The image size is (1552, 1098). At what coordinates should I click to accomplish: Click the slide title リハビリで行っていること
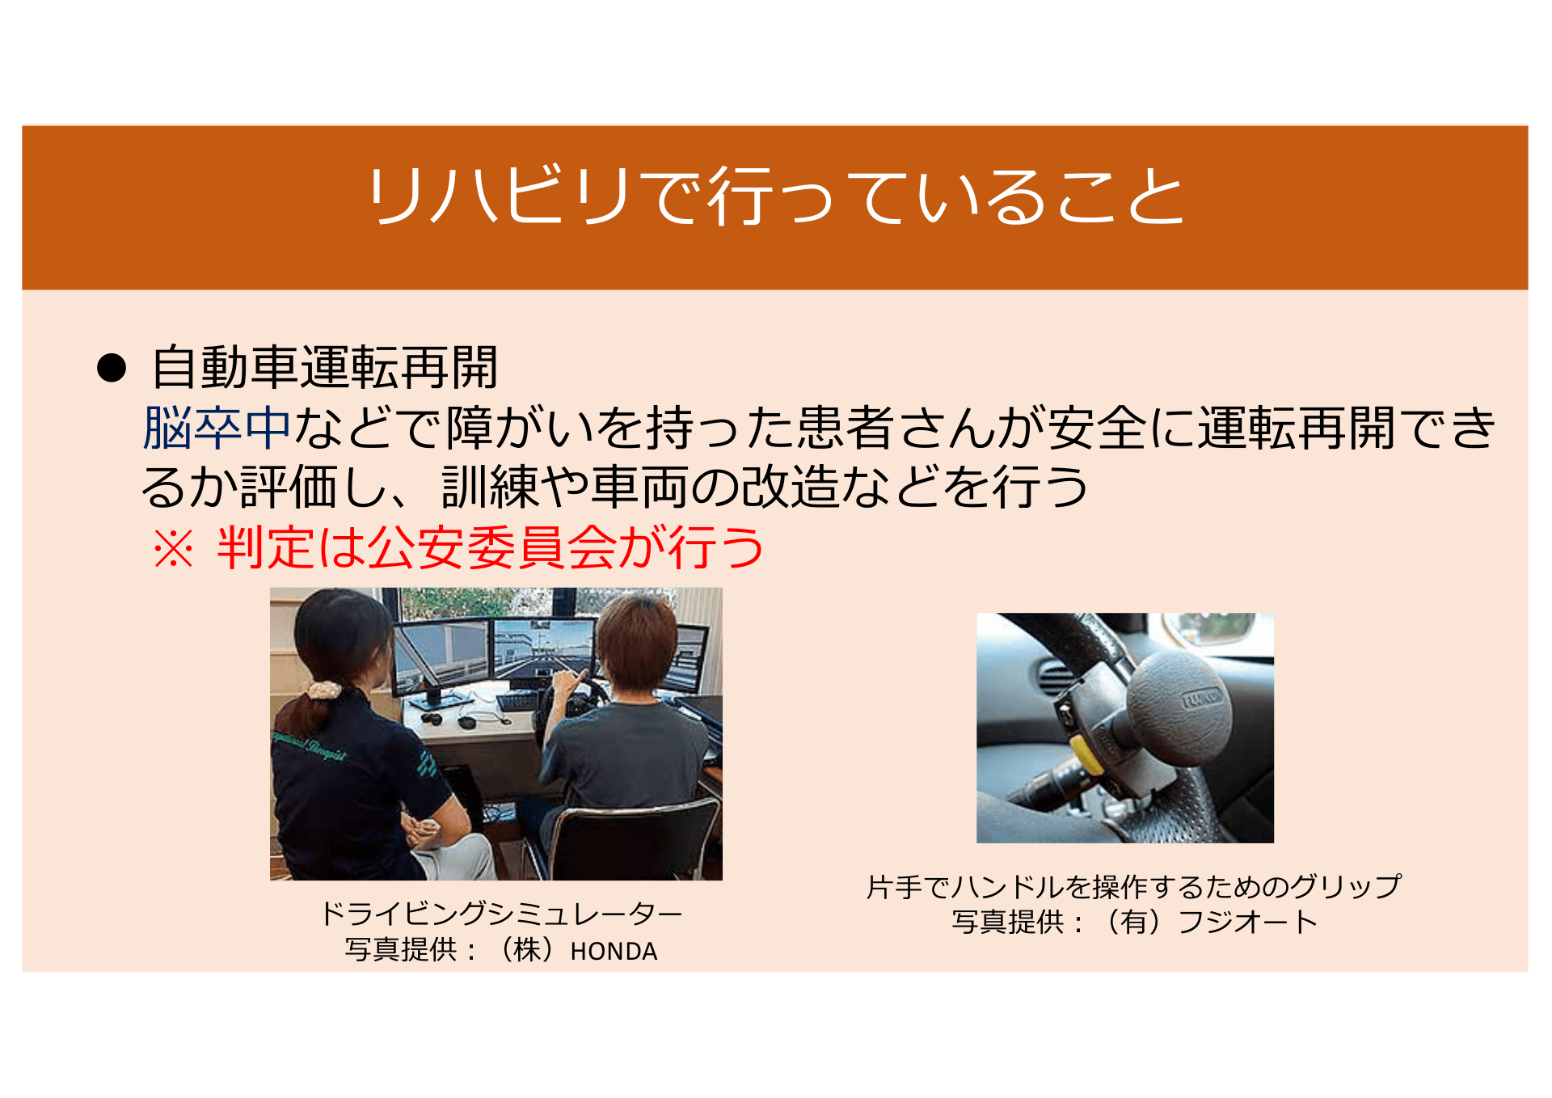(775, 196)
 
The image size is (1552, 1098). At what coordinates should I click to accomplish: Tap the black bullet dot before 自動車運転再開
(112, 369)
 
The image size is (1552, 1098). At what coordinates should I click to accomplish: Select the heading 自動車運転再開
(324, 368)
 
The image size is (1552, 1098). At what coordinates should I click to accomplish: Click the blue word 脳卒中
(217, 428)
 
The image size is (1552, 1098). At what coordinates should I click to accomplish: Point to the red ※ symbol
(174, 549)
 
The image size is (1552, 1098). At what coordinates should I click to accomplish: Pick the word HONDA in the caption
(614, 952)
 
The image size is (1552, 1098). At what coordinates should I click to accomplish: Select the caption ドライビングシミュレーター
(501, 914)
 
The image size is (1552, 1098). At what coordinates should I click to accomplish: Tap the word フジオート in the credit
(1247, 923)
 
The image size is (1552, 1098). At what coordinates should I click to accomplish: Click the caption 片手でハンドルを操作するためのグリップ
(1133, 887)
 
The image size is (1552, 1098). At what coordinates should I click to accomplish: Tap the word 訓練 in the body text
(490, 488)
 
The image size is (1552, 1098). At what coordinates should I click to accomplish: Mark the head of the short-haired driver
(636, 644)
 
